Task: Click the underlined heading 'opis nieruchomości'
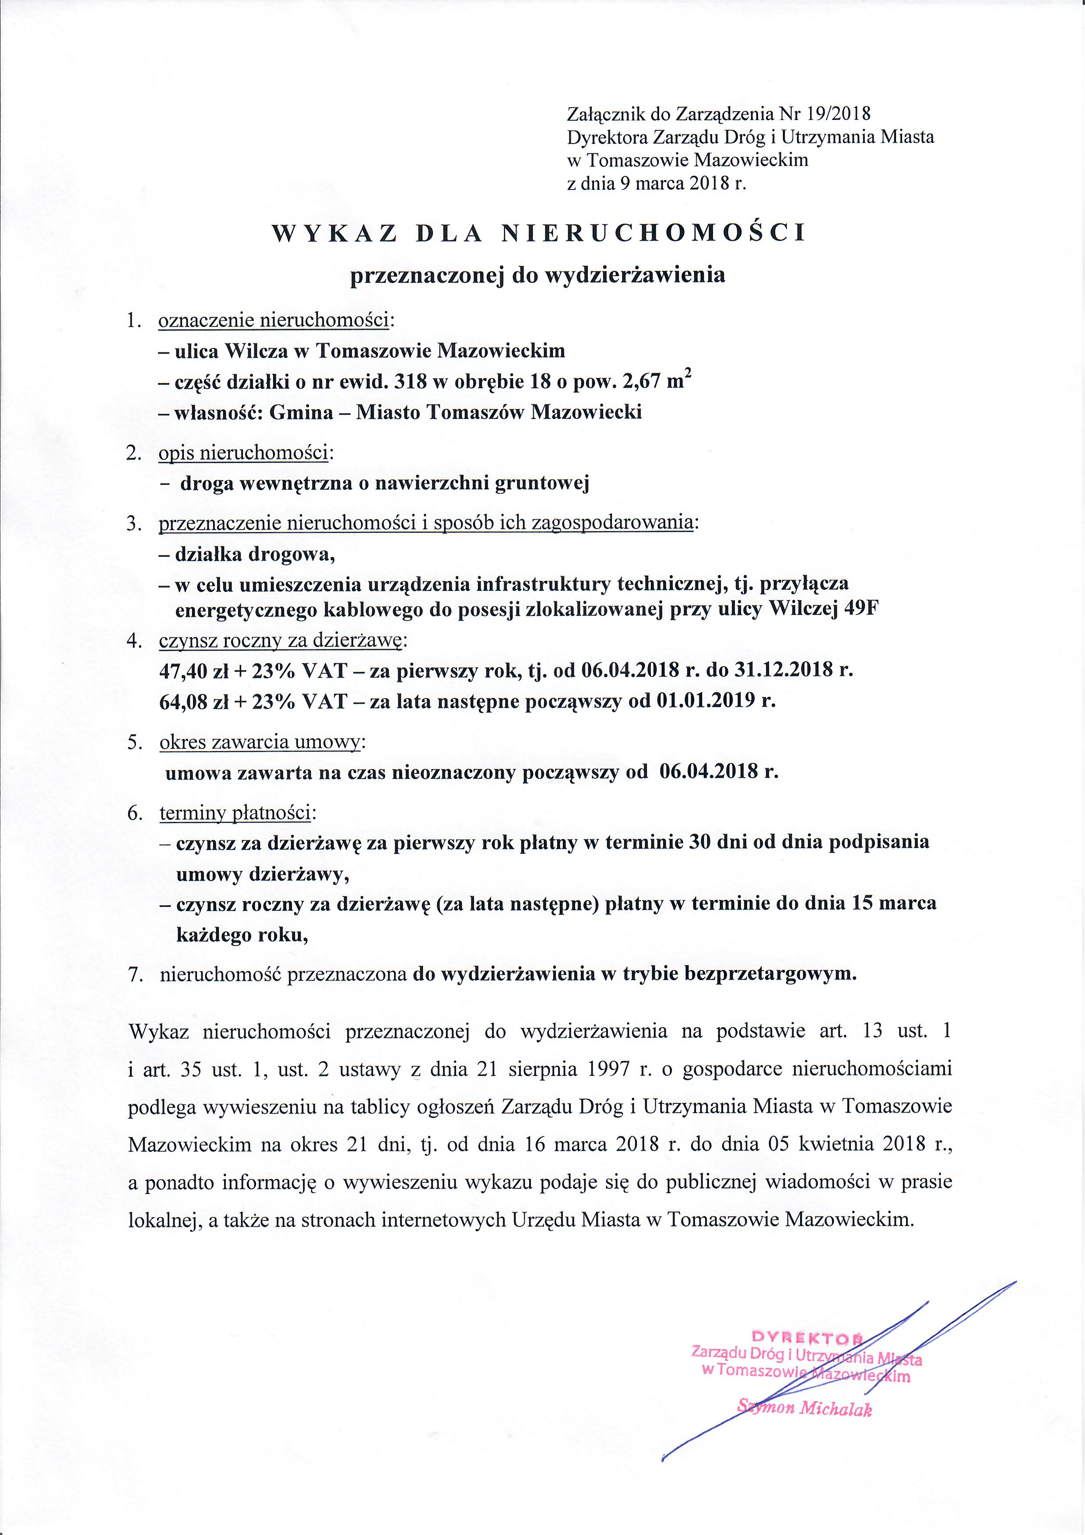242,453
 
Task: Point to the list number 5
133,744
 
